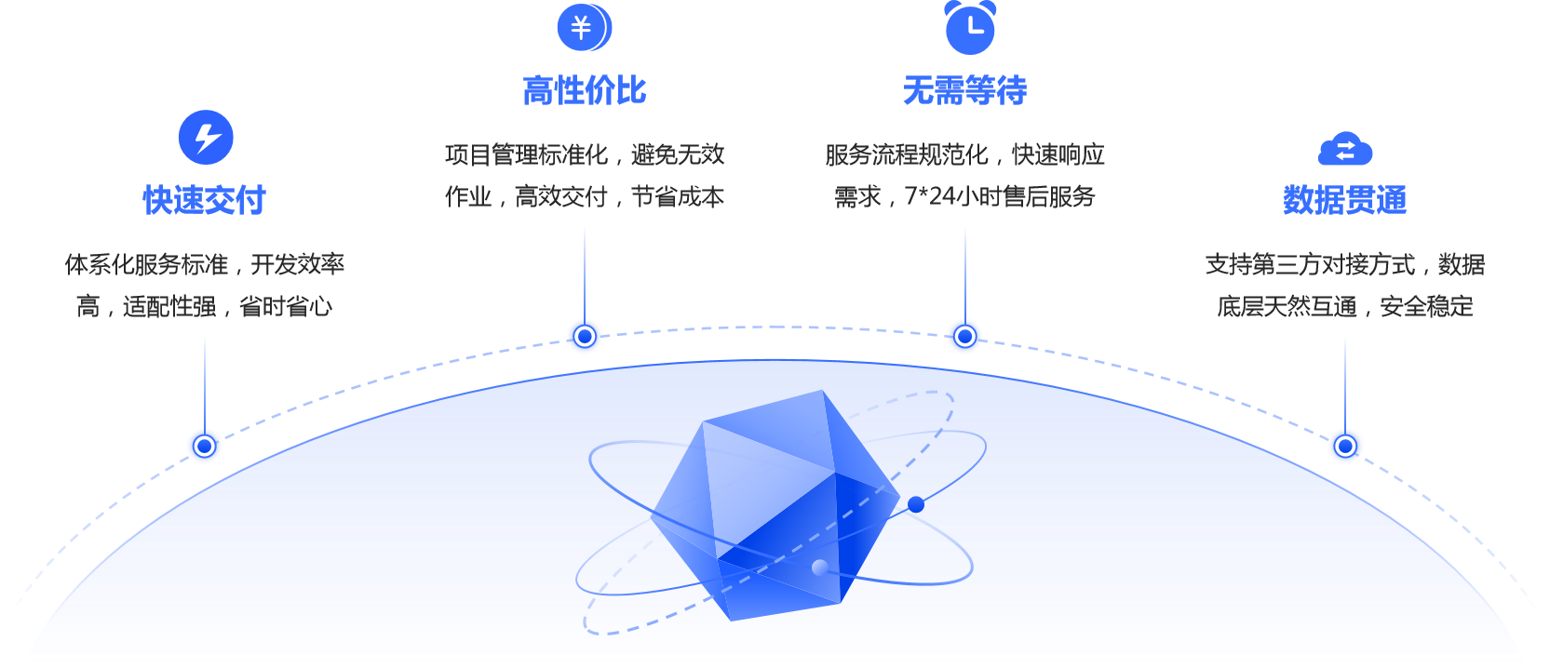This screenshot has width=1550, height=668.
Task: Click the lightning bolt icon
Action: pyautogui.click(x=206, y=138)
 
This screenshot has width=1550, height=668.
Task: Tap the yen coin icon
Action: pyautogui.click(x=584, y=28)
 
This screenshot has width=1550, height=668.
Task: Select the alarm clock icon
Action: pyautogui.click(x=970, y=28)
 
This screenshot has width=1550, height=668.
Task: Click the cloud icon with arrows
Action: pyautogui.click(x=1345, y=150)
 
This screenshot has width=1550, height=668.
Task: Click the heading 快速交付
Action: pyautogui.click(x=205, y=200)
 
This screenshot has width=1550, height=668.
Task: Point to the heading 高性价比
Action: pyautogui.click(x=585, y=91)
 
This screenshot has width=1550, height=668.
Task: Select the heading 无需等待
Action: pyautogui.click(x=965, y=91)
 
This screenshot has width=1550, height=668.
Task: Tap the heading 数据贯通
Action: pyautogui.click(x=1345, y=200)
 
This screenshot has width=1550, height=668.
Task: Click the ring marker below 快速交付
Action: pyautogui.click(x=205, y=447)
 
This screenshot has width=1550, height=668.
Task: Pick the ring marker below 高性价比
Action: pyautogui.click(x=585, y=336)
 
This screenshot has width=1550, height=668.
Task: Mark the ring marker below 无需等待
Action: pyautogui.click(x=965, y=336)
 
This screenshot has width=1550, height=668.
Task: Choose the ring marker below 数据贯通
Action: pyautogui.click(x=1345, y=447)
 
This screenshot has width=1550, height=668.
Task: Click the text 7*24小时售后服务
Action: pyautogui.click(x=1000, y=197)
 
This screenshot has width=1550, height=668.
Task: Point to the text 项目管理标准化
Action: pyautogui.click(x=526, y=155)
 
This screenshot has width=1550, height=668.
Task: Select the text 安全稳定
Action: pyautogui.click(x=1426, y=307)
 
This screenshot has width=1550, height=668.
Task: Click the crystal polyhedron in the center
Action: pyautogui.click(x=773, y=502)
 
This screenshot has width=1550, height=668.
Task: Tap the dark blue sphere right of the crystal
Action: pyautogui.click(x=916, y=505)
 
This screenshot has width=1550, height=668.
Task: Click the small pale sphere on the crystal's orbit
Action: pyautogui.click(x=820, y=568)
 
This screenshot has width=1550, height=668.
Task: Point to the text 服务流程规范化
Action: pyautogui.click(x=907, y=155)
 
